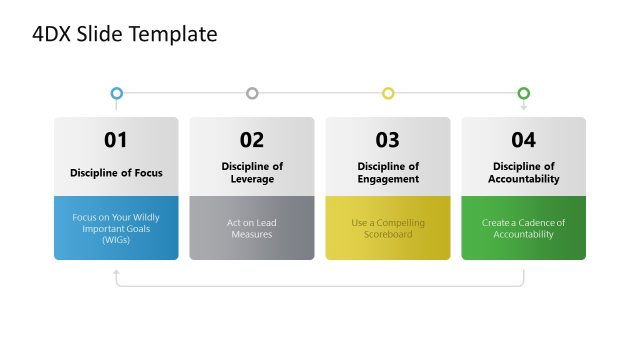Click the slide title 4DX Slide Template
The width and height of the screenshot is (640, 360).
pyautogui.click(x=124, y=35)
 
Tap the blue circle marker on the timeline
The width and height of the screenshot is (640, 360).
pyautogui.click(x=117, y=93)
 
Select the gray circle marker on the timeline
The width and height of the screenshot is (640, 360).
pyautogui.click(x=252, y=93)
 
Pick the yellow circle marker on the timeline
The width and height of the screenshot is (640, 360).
pyautogui.click(x=388, y=93)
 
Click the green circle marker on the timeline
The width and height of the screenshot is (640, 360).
pyautogui.click(x=523, y=93)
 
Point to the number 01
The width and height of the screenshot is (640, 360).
pyautogui.click(x=116, y=140)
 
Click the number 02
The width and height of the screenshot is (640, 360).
pyautogui.click(x=252, y=140)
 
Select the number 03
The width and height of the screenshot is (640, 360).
pyautogui.click(x=388, y=140)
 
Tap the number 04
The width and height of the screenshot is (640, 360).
pyautogui.click(x=523, y=140)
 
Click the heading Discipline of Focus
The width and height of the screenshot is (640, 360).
pyautogui.click(x=116, y=173)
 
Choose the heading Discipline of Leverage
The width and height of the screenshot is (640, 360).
pyautogui.click(x=252, y=173)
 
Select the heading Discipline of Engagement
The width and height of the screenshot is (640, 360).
pyautogui.click(x=388, y=173)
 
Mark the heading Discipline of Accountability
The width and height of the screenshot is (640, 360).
pyautogui.click(x=523, y=173)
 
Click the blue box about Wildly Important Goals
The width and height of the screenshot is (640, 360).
pyautogui.click(x=116, y=228)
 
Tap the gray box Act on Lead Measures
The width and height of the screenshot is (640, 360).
pyautogui.click(x=252, y=228)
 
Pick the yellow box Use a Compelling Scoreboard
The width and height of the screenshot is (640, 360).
pyautogui.click(x=388, y=228)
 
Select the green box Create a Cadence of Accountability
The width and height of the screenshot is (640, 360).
pyautogui.click(x=523, y=228)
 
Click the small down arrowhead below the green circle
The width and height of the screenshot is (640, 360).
pyautogui.click(x=523, y=107)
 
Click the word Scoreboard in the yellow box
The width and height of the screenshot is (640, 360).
pyautogui.click(x=388, y=234)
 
